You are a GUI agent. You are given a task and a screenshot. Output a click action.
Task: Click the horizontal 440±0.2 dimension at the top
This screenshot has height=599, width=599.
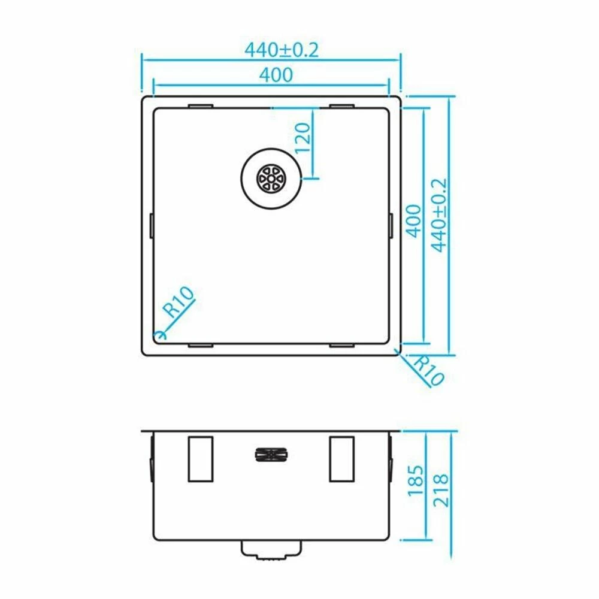click(x=282, y=50)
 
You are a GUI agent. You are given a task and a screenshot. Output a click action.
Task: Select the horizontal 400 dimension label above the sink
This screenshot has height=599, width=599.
click(x=276, y=75)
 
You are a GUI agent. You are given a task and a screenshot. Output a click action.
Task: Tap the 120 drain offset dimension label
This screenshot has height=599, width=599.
click(x=303, y=138)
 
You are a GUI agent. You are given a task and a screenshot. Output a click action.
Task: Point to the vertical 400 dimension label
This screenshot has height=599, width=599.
click(x=413, y=221)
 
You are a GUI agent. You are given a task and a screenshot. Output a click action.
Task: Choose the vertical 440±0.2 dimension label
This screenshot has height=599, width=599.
click(x=438, y=215)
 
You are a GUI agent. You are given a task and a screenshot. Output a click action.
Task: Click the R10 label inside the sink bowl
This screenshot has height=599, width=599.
click(x=179, y=302)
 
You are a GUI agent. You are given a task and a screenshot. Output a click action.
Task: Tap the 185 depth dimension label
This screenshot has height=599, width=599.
click(x=416, y=480)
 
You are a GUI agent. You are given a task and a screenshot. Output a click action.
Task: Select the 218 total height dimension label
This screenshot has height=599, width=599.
click(x=440, y=491)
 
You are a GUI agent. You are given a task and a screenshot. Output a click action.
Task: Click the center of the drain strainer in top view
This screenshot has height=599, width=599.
click(x=271, y=179)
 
